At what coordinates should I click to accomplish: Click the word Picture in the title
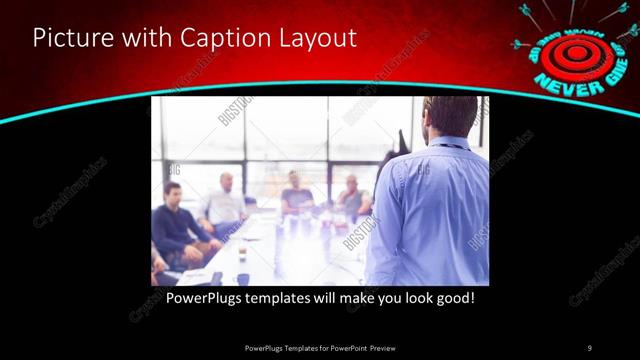pyautogui.click(x=70, y=39)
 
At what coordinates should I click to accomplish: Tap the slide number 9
pyautogui.click(x=589, y=348)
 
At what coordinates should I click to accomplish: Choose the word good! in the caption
pyautogui.click(x=452, y=298)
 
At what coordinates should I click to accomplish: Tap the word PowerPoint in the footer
pyautogui.click(x=342, y=348)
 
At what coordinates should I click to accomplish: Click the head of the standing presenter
pyautogui.click(x=447, y=117)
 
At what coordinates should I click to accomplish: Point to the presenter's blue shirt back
pyautogui.click(x=430, y=210)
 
